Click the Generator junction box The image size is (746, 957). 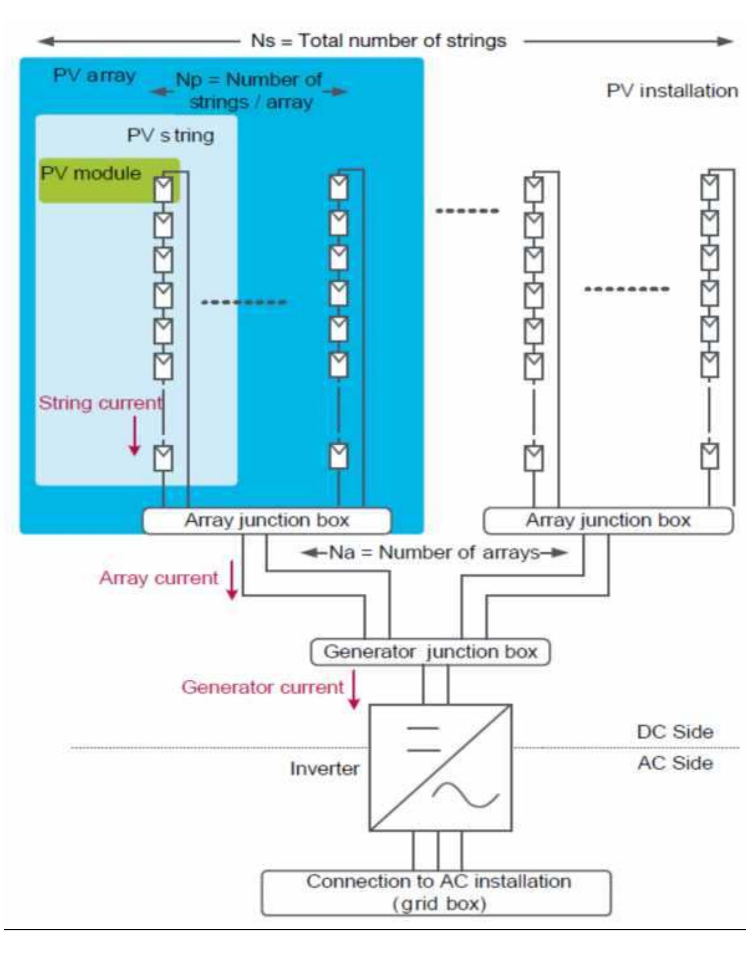coord(430,652)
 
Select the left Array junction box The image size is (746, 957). coord(266,520)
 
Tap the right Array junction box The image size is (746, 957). coord(607,520)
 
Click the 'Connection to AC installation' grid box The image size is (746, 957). coord(436,893)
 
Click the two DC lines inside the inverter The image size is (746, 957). coord(423,739)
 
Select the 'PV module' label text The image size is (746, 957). coord(91,173)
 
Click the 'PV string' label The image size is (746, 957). coord(170,135)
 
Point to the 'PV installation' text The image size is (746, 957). coord(672,91)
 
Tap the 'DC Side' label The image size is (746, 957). coord(675,732)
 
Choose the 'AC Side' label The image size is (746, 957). coord(675,763)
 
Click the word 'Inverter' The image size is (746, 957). coord(324,768)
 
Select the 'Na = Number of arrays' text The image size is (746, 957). coord(434,552)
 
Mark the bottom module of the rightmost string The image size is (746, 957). coord(710,456)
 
